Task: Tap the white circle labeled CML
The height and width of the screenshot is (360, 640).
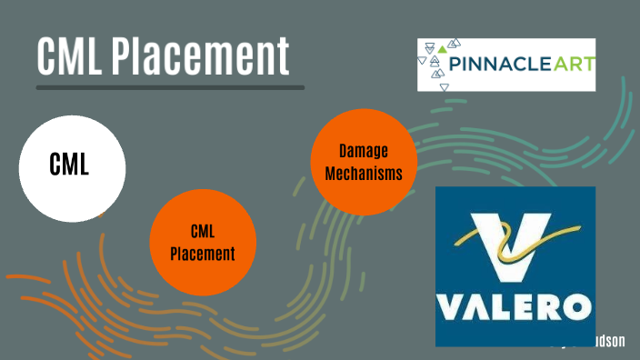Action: (72, 168)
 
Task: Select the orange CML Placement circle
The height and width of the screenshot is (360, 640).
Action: (203, 241)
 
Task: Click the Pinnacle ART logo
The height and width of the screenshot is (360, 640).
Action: (505, 65)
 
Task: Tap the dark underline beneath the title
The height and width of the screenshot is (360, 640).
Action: (170, 87)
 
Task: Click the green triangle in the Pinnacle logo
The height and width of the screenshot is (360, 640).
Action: (442, 47)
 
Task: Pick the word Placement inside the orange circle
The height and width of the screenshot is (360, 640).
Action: (203, 254)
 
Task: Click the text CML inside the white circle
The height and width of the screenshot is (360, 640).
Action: (69, 167)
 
